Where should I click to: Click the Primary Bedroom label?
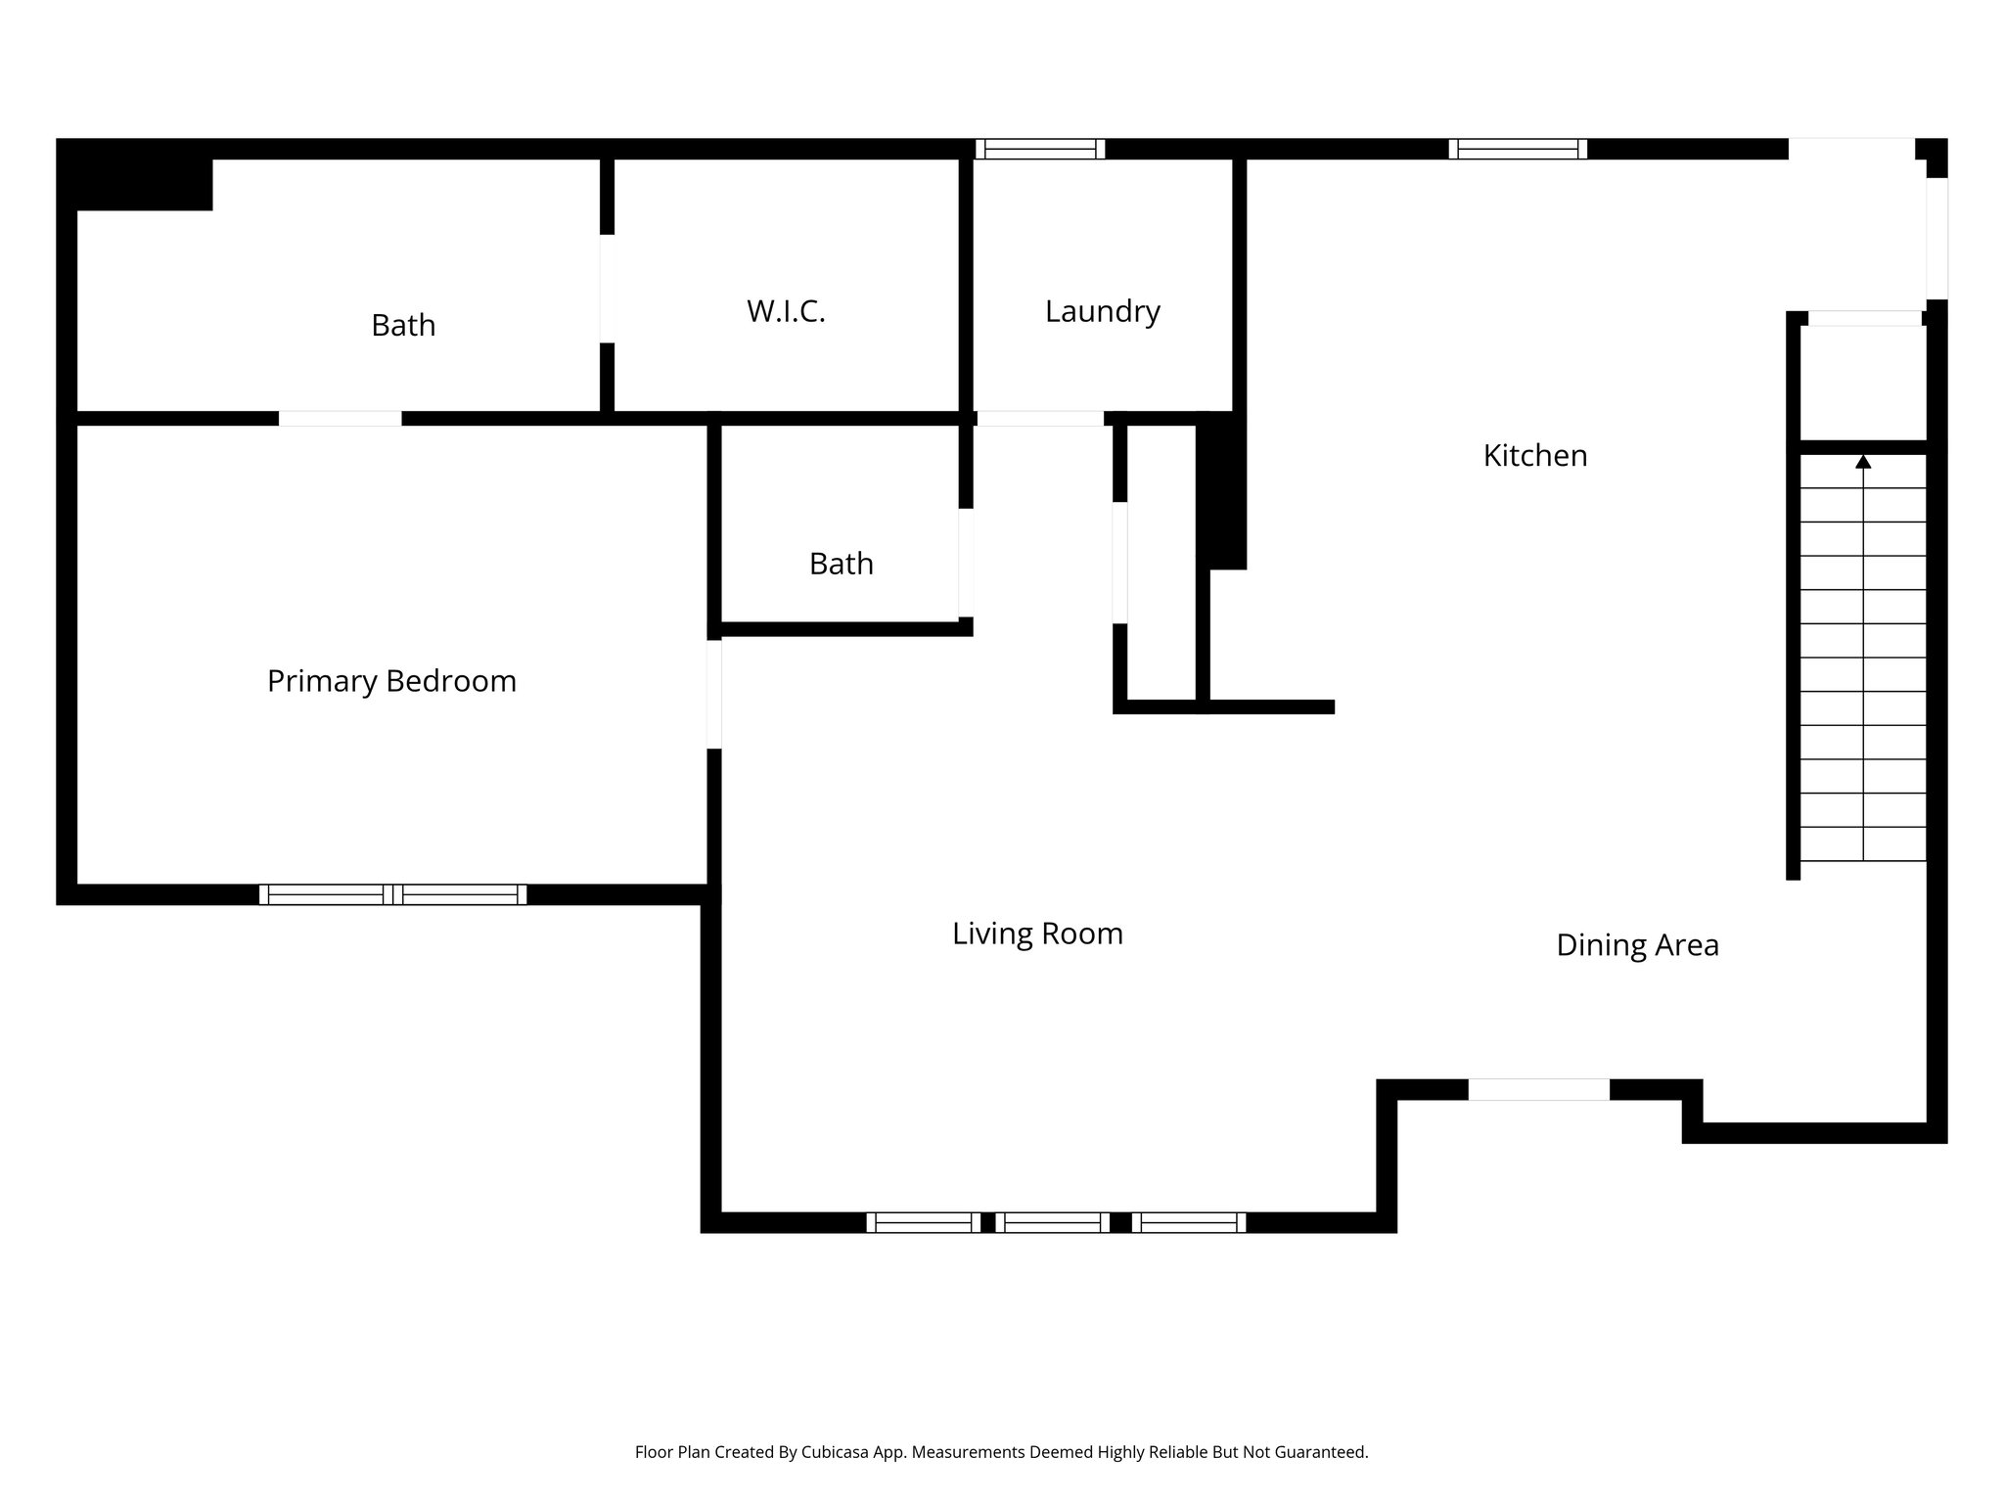[x=391, y=681]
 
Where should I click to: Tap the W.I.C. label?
[x=786, y=311]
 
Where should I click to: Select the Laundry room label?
[x=1102, y=311]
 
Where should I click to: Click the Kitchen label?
[x=1534, y=455]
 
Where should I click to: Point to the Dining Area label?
[x=1637, y=945]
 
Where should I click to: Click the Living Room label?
[x=1037, y=934]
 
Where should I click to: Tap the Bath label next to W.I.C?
[x=403, y=325]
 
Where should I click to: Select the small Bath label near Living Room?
[x=841, y=564]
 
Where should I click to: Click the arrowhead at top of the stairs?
[x=1863, y=462]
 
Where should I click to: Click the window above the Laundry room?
[x=1040, y=149]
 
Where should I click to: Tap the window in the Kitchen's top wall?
[x=1518, y=149]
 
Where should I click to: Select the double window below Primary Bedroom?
[x=392, y=894]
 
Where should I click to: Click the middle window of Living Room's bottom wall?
[x=1053, y=1222]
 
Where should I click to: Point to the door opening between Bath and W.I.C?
[x=608, y=289]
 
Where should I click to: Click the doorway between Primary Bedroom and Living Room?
[x=714, y=695]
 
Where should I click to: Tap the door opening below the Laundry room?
[x=1040, y=419]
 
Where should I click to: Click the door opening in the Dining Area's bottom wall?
[x=1538, y=1089]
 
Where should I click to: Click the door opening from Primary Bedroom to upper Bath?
[x=340, y=419]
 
